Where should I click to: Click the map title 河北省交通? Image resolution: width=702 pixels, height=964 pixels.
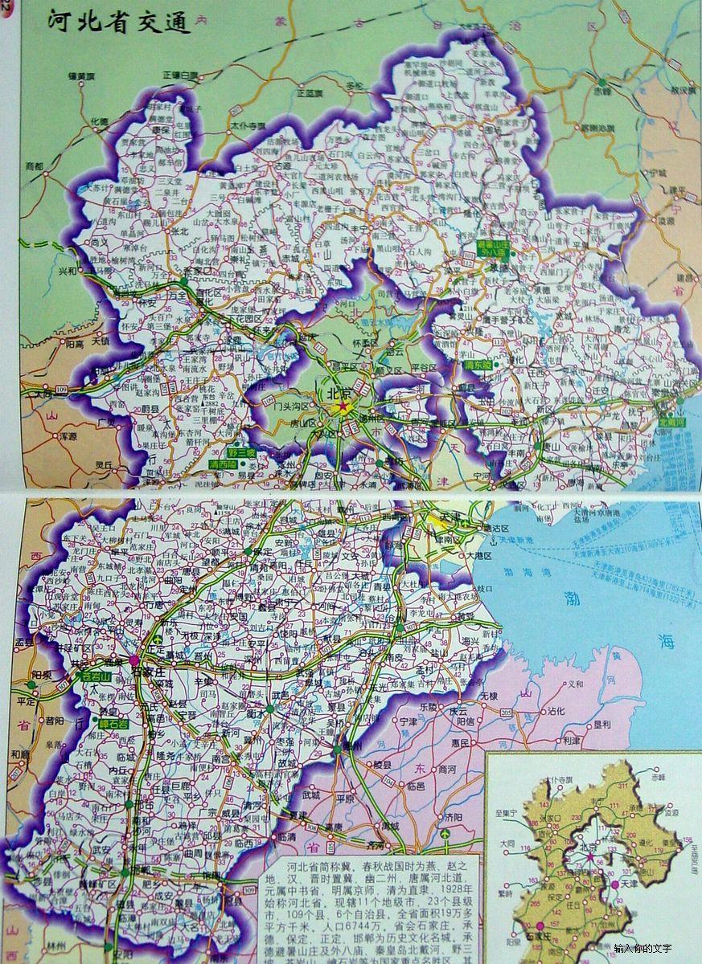pos(119,22)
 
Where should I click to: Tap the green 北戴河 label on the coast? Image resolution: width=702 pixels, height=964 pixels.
pos(674,420)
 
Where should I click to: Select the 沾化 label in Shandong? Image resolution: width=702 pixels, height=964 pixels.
pos(556,711)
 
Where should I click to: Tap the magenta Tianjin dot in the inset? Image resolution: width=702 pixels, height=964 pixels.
pos(615,884)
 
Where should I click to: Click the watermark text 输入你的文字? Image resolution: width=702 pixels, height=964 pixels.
pos(642,948)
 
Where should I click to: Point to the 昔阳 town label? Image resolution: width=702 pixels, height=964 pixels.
pos(55,721)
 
